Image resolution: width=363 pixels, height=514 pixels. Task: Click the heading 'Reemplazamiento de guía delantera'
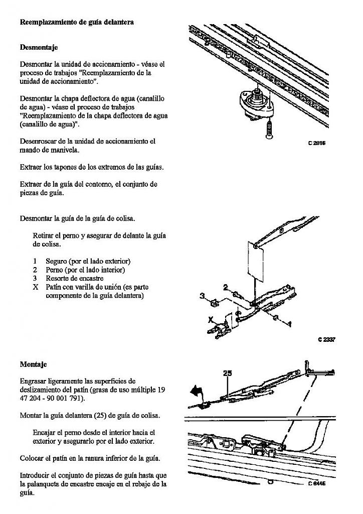76,23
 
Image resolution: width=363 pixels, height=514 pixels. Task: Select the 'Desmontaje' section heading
39,48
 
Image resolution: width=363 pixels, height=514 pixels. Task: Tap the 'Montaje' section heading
33,364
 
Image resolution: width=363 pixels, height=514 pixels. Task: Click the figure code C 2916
316,143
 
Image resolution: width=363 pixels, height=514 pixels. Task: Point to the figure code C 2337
326,339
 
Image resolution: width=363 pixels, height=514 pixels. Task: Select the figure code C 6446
316,484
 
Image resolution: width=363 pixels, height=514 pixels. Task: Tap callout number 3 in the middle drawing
203,296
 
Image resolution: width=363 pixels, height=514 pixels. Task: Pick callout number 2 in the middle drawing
226,287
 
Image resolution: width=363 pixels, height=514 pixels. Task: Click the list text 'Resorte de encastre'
74,278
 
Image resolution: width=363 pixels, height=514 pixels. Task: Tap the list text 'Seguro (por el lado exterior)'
88,261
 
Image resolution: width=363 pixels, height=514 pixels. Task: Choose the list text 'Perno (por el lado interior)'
85,270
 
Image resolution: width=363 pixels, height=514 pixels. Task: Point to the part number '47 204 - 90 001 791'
52,399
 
